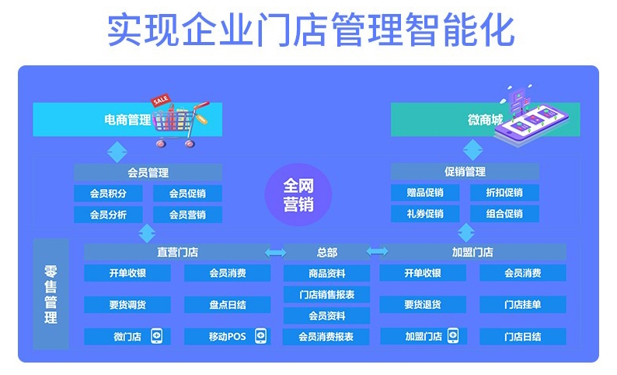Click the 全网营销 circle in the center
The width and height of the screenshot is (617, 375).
coord(298,195)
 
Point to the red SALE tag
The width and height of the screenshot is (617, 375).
coord(161,100)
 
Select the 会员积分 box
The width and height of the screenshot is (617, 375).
coord(108,194)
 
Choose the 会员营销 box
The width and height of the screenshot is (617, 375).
coord(187,215)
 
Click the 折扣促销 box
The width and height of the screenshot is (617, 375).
coord(504,193)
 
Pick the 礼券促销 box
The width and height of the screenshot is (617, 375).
coord(425,213)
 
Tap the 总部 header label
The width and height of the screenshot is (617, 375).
coord(326,252)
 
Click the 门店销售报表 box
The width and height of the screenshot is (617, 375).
coord(326,294)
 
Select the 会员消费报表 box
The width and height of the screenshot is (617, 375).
coord(326,337)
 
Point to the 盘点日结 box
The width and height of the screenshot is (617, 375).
coord(228,304)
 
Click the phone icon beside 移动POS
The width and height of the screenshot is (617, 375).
coord(260,336)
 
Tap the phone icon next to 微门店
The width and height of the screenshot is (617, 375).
coord(157,336)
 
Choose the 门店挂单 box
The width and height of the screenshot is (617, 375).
coord(522,304)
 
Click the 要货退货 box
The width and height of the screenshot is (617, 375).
coord(423,304)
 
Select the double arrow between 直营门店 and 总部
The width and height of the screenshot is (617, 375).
coord(275,253)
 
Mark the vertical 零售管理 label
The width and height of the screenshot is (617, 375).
coord(51,294)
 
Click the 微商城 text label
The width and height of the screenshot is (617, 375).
coord(485,119)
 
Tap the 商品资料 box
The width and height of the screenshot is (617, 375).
coord(326,273)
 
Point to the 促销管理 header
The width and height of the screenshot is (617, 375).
coord(465,172)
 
